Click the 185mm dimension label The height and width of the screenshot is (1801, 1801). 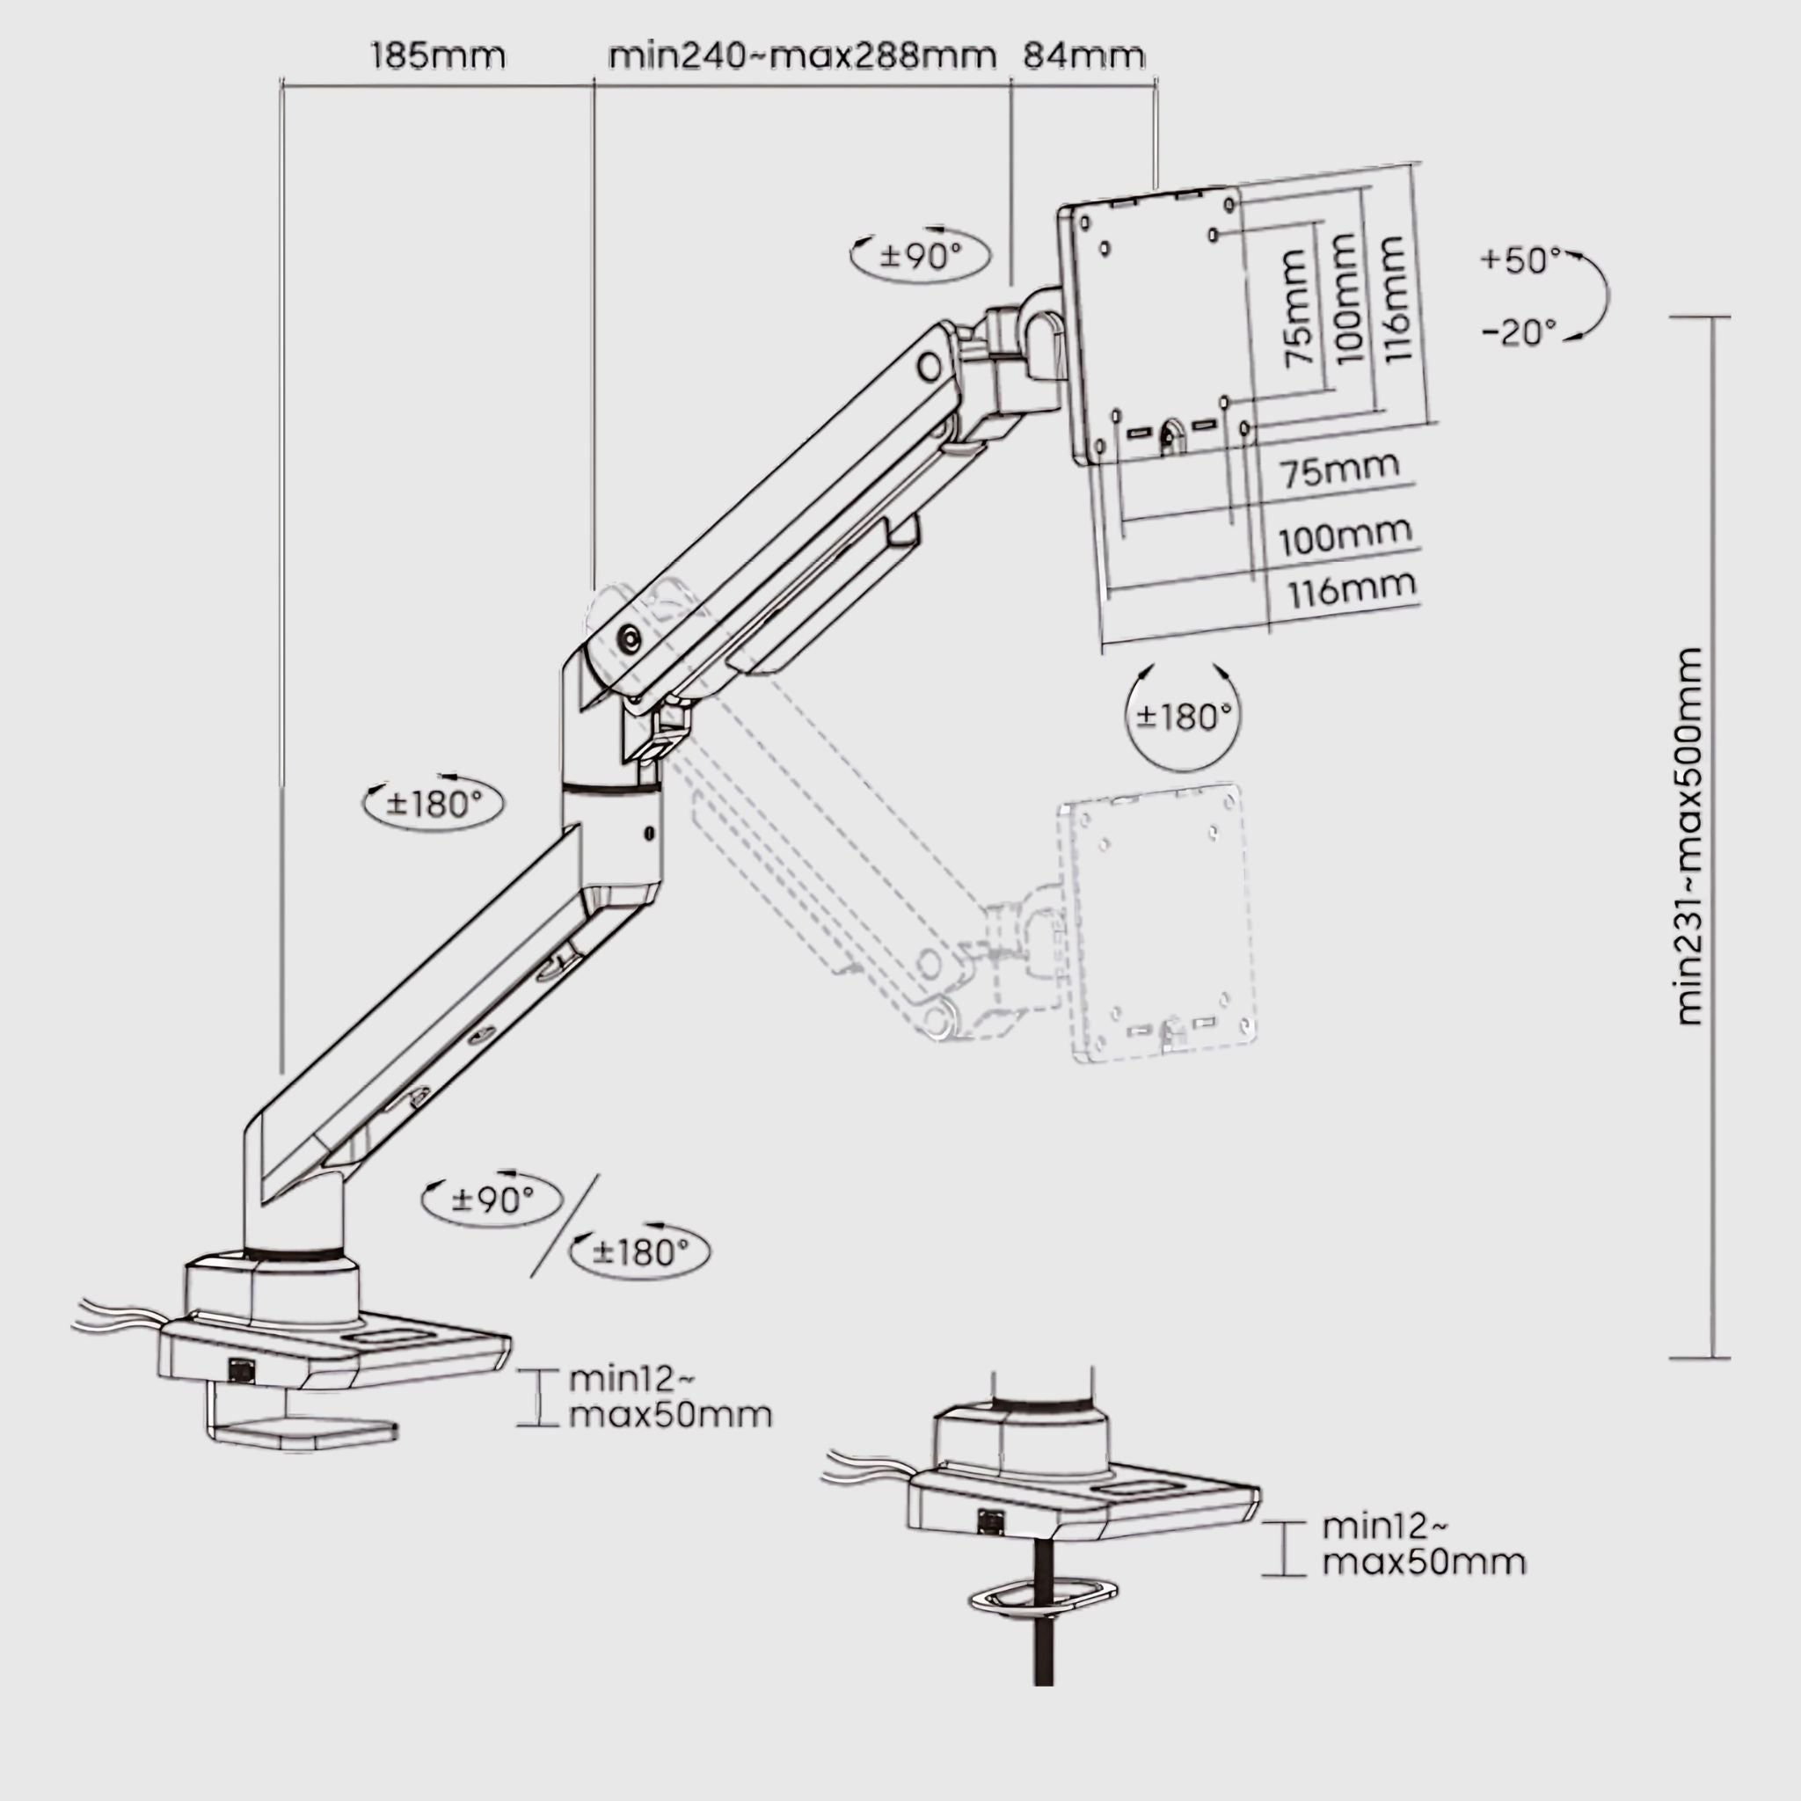pos(437,56)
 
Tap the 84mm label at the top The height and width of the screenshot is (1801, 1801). pos(1083,56)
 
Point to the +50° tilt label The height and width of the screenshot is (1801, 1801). pos(1520,260)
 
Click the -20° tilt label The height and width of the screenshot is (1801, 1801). pos(1520,332)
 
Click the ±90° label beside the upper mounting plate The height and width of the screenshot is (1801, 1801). pos(920,254)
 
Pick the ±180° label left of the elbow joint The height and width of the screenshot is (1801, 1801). pos(434,803)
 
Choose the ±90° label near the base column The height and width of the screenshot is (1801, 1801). pos(492,1199)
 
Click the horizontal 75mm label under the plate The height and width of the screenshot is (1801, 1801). pos(1340,469)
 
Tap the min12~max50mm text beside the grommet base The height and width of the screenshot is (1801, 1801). pos(1423,1543)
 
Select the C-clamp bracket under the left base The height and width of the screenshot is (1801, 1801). pos(298,1427)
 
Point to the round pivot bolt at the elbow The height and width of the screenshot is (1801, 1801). pos(631,638)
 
